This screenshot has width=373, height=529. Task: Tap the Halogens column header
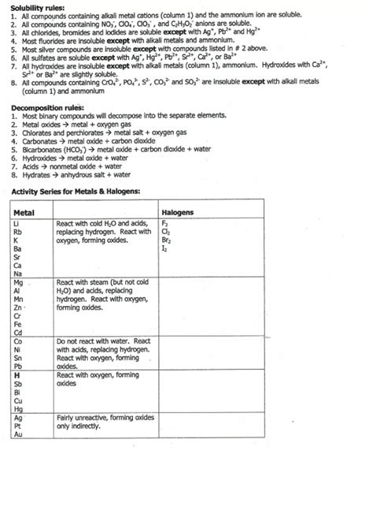pos(177,213)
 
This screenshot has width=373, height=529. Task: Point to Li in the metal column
pos(17,224)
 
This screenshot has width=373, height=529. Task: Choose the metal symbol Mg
pos(18,281)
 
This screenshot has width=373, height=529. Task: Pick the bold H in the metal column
pos(17,375)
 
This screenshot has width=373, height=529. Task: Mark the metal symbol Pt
pos(17,425)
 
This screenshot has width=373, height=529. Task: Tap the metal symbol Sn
pos(17,357)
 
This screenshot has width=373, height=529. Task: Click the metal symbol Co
pos(17,341)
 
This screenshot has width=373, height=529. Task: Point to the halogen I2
pos(164,249)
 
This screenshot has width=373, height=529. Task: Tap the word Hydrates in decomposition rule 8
pos(31,175)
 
